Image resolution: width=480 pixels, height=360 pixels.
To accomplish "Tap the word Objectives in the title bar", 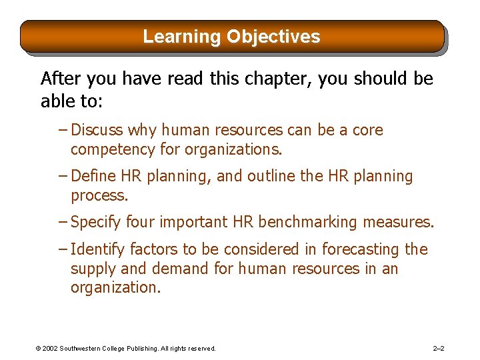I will click(x=273, y=37).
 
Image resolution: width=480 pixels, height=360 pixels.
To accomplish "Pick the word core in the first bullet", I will click(x=367, y=130).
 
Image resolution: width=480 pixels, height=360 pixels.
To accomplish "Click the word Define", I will click(x=93, y=176).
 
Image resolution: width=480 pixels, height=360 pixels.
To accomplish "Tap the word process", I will click(x=99, y=196).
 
